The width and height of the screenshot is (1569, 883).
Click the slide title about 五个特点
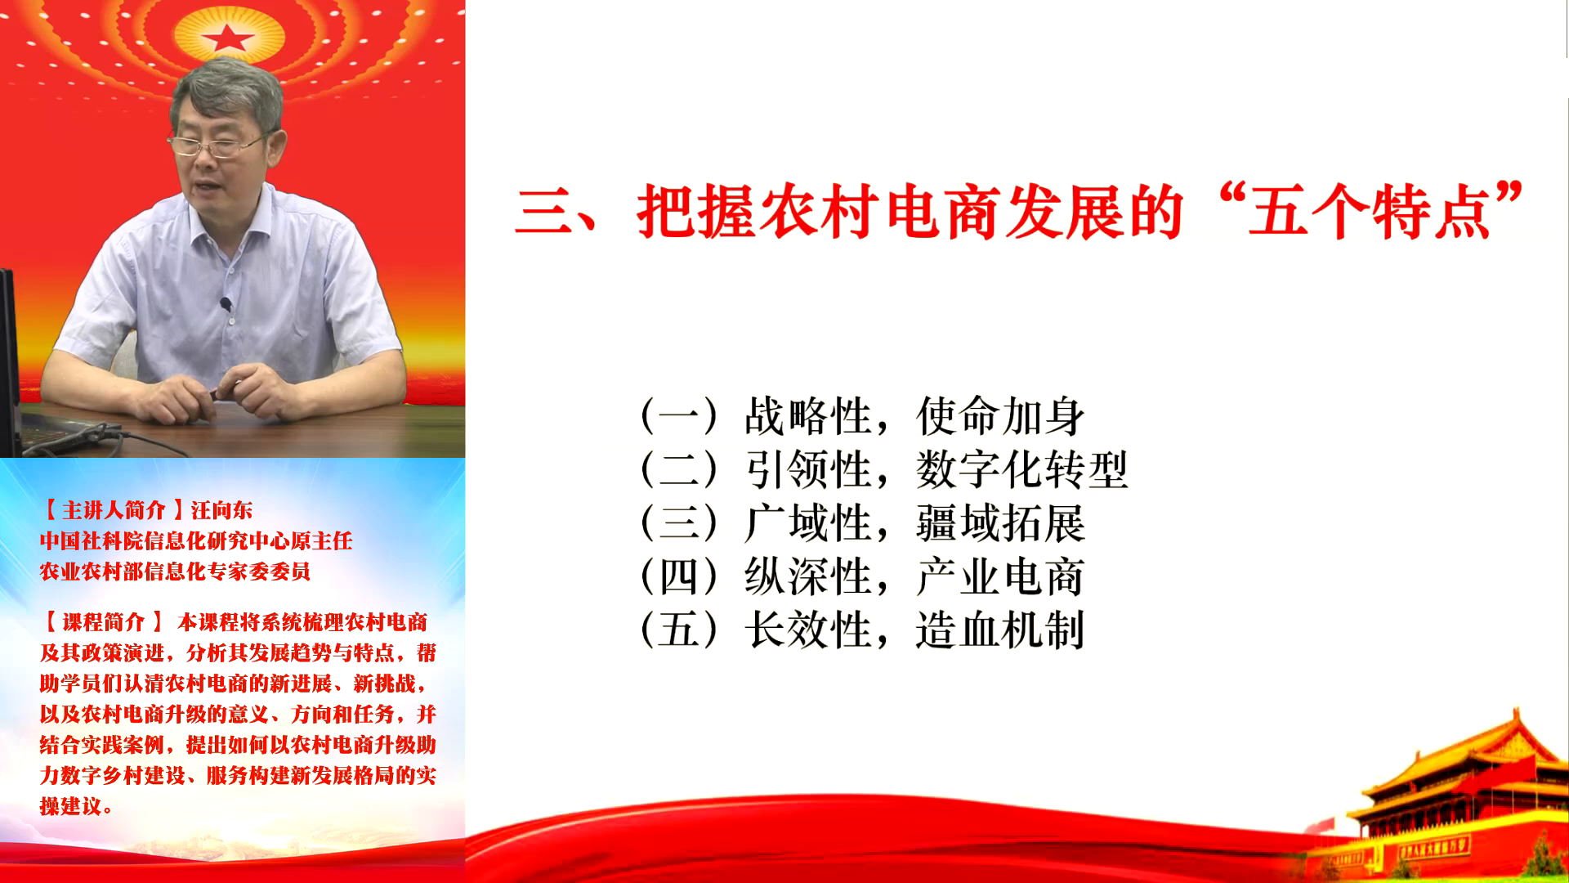click(1020, 212)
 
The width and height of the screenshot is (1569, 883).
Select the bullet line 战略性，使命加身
click(862, 416)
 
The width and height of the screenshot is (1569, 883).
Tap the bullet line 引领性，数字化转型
click(883, 470)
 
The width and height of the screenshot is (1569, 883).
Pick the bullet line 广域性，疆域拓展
click(862, 524)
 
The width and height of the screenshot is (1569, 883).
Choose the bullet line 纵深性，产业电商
click(862, 577)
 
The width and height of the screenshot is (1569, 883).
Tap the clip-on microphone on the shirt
click(226, 305)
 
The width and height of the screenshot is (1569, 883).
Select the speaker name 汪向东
click(222, 510)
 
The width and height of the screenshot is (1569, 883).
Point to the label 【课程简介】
click(103, 622)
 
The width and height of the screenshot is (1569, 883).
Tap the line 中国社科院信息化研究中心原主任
click(196, 541)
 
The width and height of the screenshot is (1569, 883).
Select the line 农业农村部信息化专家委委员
click(175, 571)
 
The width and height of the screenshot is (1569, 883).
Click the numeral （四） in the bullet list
click(679, 577)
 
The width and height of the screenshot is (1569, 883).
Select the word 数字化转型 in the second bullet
click(1021, 470)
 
